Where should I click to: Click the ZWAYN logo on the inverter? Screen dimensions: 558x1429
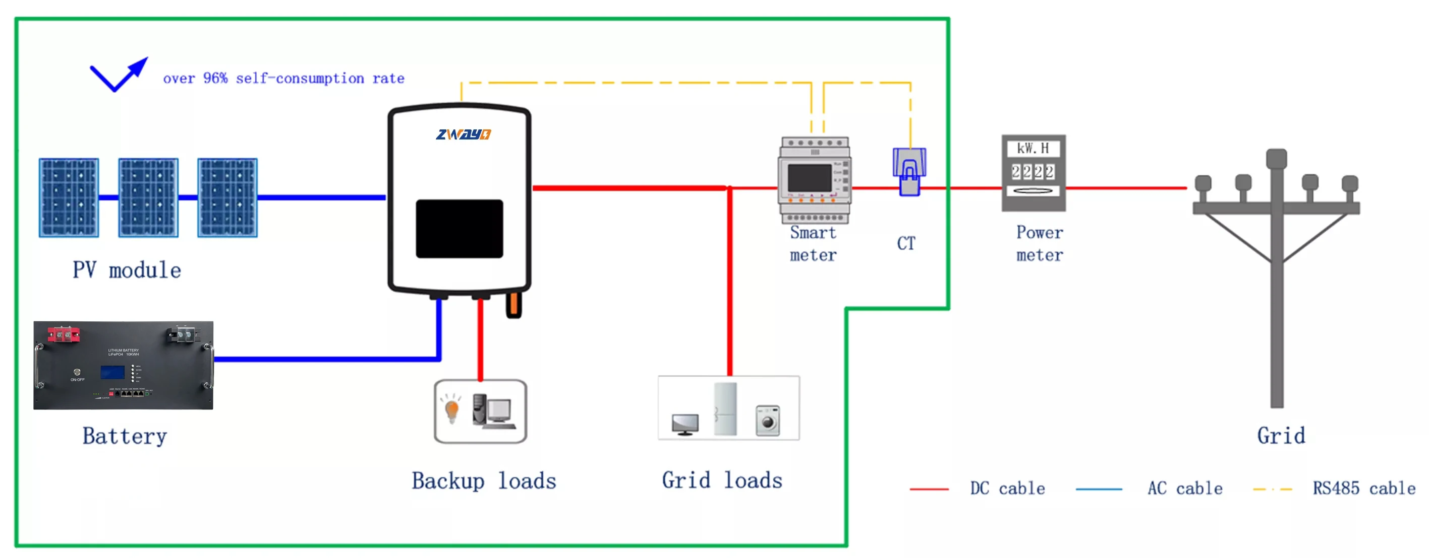[x=463, y=134]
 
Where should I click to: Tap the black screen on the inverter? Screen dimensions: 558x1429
[x=460, y=229]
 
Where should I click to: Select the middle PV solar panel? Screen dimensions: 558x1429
[x=148, y=198]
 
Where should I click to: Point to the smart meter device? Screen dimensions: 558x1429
[x=814, y=180]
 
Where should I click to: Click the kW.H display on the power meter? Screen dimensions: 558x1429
[x=1033, y=149]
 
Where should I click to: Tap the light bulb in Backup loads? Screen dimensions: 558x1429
[x=452, y=410]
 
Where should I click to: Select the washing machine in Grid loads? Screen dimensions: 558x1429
[x=768, y=421]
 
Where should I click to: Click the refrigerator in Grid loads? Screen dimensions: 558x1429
[x=725, y=409]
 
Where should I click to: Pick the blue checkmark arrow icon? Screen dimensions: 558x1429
[x=118, y=75]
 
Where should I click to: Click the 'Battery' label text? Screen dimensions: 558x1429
[x=125, y=436]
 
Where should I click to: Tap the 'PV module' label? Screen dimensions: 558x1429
[x=127, y=270]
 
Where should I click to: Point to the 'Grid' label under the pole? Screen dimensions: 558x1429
[x=1281, y=436]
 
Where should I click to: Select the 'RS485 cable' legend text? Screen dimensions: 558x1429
[x=1363, y=489]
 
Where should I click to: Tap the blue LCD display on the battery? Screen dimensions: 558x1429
[x=112, y=372]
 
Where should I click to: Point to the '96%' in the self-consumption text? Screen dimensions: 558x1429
[x=215, y=78]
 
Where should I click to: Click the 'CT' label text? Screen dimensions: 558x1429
[x=906, y=243]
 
